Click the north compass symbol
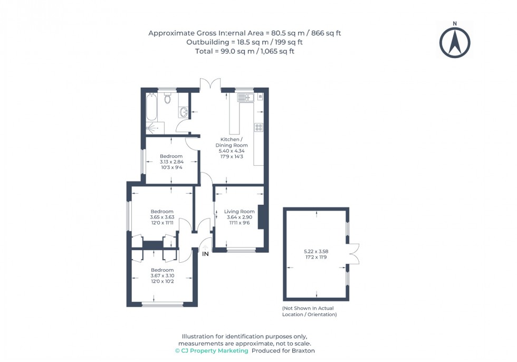point(455,42)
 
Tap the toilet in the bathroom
point(167,98)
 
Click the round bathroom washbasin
point(184,112)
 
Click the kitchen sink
point(245,97)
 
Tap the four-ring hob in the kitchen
point(258,127)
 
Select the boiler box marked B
point(260,97)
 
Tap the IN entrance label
point(205,254)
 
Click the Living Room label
point(239,212)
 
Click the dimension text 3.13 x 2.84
point(171,162)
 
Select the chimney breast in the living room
point(261,216)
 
